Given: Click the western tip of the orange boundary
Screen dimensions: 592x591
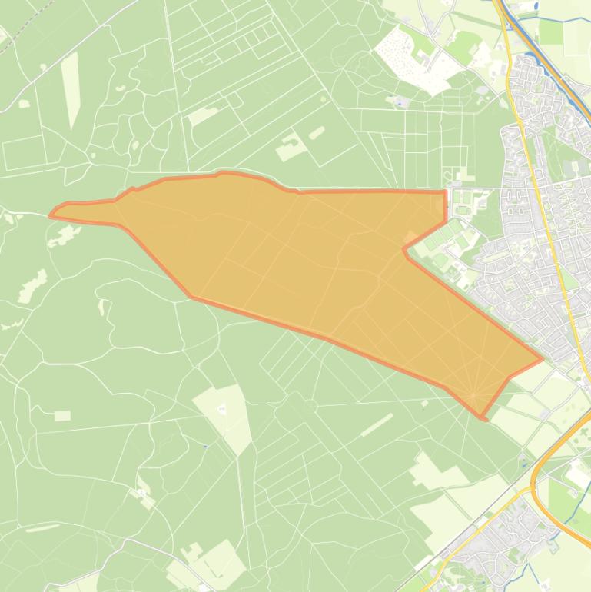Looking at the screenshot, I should click(51, 215).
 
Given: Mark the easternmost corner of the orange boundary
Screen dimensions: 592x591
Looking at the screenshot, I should click(543, 358).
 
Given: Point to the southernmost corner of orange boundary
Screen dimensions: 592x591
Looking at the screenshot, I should click(484, 419).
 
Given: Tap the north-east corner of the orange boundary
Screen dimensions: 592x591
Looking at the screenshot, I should click(445, 191).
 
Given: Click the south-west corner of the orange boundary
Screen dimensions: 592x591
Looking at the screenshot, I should click(192, 297).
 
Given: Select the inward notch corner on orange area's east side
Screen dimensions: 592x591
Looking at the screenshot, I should click(404, 248).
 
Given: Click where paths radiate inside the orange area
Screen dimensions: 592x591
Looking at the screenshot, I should click(473, 395).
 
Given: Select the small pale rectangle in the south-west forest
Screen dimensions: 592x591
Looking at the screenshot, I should click(62, 416).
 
